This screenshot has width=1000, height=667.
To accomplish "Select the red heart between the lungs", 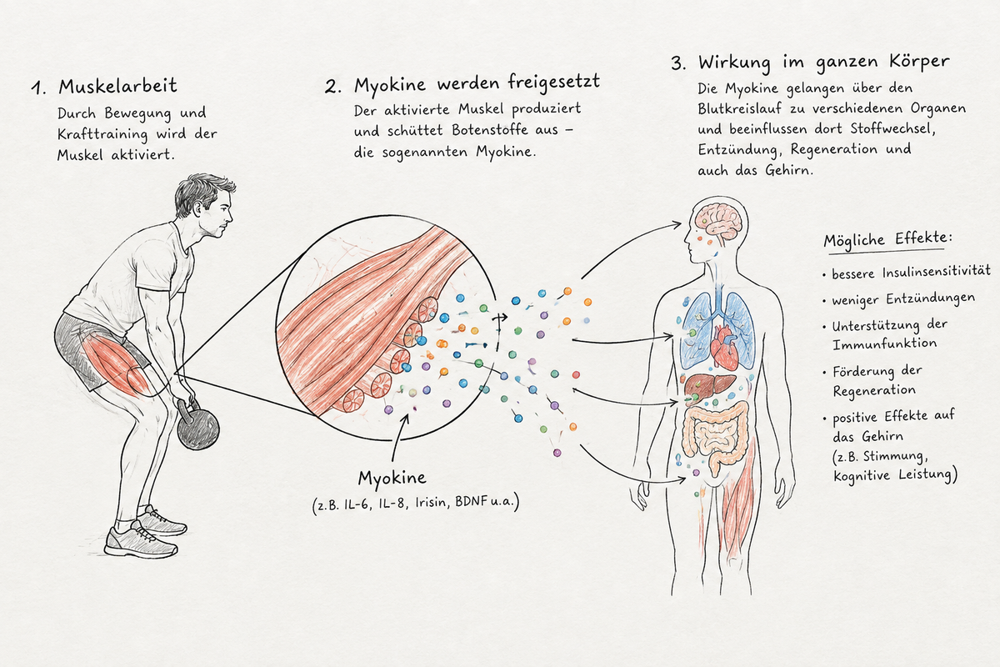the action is (725, 346).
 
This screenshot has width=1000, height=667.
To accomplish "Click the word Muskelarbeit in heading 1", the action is (117, 86).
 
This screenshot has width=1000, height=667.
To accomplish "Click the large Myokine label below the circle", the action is (392, 479).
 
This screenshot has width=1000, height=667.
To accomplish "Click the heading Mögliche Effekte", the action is (887, 239).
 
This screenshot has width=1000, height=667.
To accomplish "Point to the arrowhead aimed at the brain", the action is (677, 224).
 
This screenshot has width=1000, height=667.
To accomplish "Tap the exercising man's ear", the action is (197, 209).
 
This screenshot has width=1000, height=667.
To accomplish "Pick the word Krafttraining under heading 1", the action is (102, 134).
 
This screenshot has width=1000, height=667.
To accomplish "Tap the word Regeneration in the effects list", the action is (874, 391).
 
